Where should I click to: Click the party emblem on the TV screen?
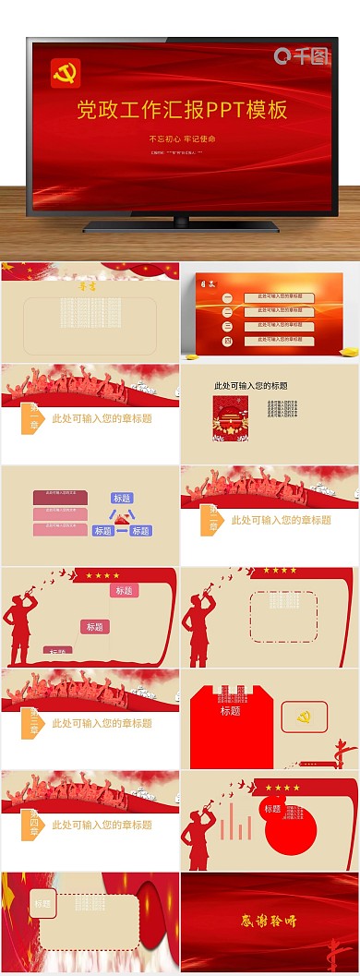pos(66,74)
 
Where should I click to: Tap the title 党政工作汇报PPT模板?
pos(182,111)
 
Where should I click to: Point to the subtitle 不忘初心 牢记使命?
pos(182,139)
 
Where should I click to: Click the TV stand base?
pos(180,224)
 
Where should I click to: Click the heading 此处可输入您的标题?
pos(250,386)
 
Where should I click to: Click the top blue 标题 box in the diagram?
pos(122,499)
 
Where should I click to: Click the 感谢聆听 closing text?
pos(270,920)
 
